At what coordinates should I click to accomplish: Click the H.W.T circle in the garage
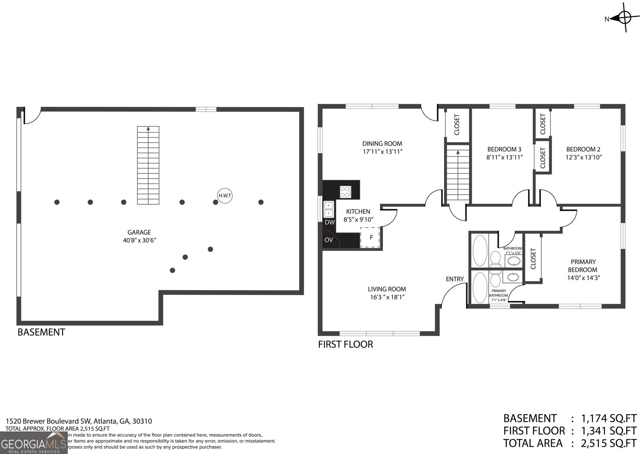225,195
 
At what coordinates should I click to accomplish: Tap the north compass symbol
624,18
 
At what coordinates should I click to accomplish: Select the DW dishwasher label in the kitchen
329,222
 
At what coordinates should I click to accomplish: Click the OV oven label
329,240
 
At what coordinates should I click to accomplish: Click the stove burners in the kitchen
345,191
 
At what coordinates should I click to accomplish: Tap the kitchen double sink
329,209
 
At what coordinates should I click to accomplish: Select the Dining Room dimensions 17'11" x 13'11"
382,152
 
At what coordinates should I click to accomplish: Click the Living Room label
387,289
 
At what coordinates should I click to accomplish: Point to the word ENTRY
455,279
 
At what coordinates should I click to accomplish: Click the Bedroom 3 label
504,149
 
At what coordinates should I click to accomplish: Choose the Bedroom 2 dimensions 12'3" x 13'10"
584,157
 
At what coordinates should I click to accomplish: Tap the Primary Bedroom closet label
533,259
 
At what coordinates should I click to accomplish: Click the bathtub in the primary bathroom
479,287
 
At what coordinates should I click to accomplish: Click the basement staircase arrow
148,129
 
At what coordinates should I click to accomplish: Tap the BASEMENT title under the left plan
41,332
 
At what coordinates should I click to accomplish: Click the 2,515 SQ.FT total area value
608,443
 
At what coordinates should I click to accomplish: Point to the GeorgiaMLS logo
33,444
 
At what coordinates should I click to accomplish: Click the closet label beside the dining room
457,125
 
